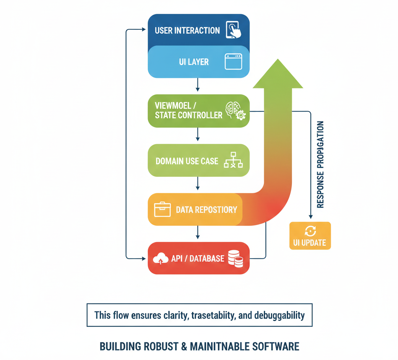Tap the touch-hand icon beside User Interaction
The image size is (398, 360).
(x=234, y=30)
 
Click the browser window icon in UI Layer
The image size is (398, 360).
(x=233, y=62)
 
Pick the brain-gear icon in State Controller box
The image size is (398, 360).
(x=235, y=111)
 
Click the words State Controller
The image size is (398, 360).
(x=188, y=115)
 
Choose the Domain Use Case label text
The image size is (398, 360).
(x=187, y=161)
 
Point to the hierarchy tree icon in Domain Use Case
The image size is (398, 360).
(x=233, y=160)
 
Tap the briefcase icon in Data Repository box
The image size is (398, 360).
(x=163, y=210)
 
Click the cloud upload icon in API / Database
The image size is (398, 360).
(x=161, y=259)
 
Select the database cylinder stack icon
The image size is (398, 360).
(x=235, y=259)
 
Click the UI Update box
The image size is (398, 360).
(x=310, y=236)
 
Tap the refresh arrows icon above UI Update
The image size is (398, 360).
(x=310, y=231)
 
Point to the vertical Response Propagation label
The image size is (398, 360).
(x=321, y=165)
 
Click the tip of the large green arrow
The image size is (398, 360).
(x=277, y=60)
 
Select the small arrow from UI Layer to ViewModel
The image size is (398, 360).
(x=198, y=86)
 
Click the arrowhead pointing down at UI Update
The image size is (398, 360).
(x=310, y=216)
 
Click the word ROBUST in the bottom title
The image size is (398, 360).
(x=159, y=347)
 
